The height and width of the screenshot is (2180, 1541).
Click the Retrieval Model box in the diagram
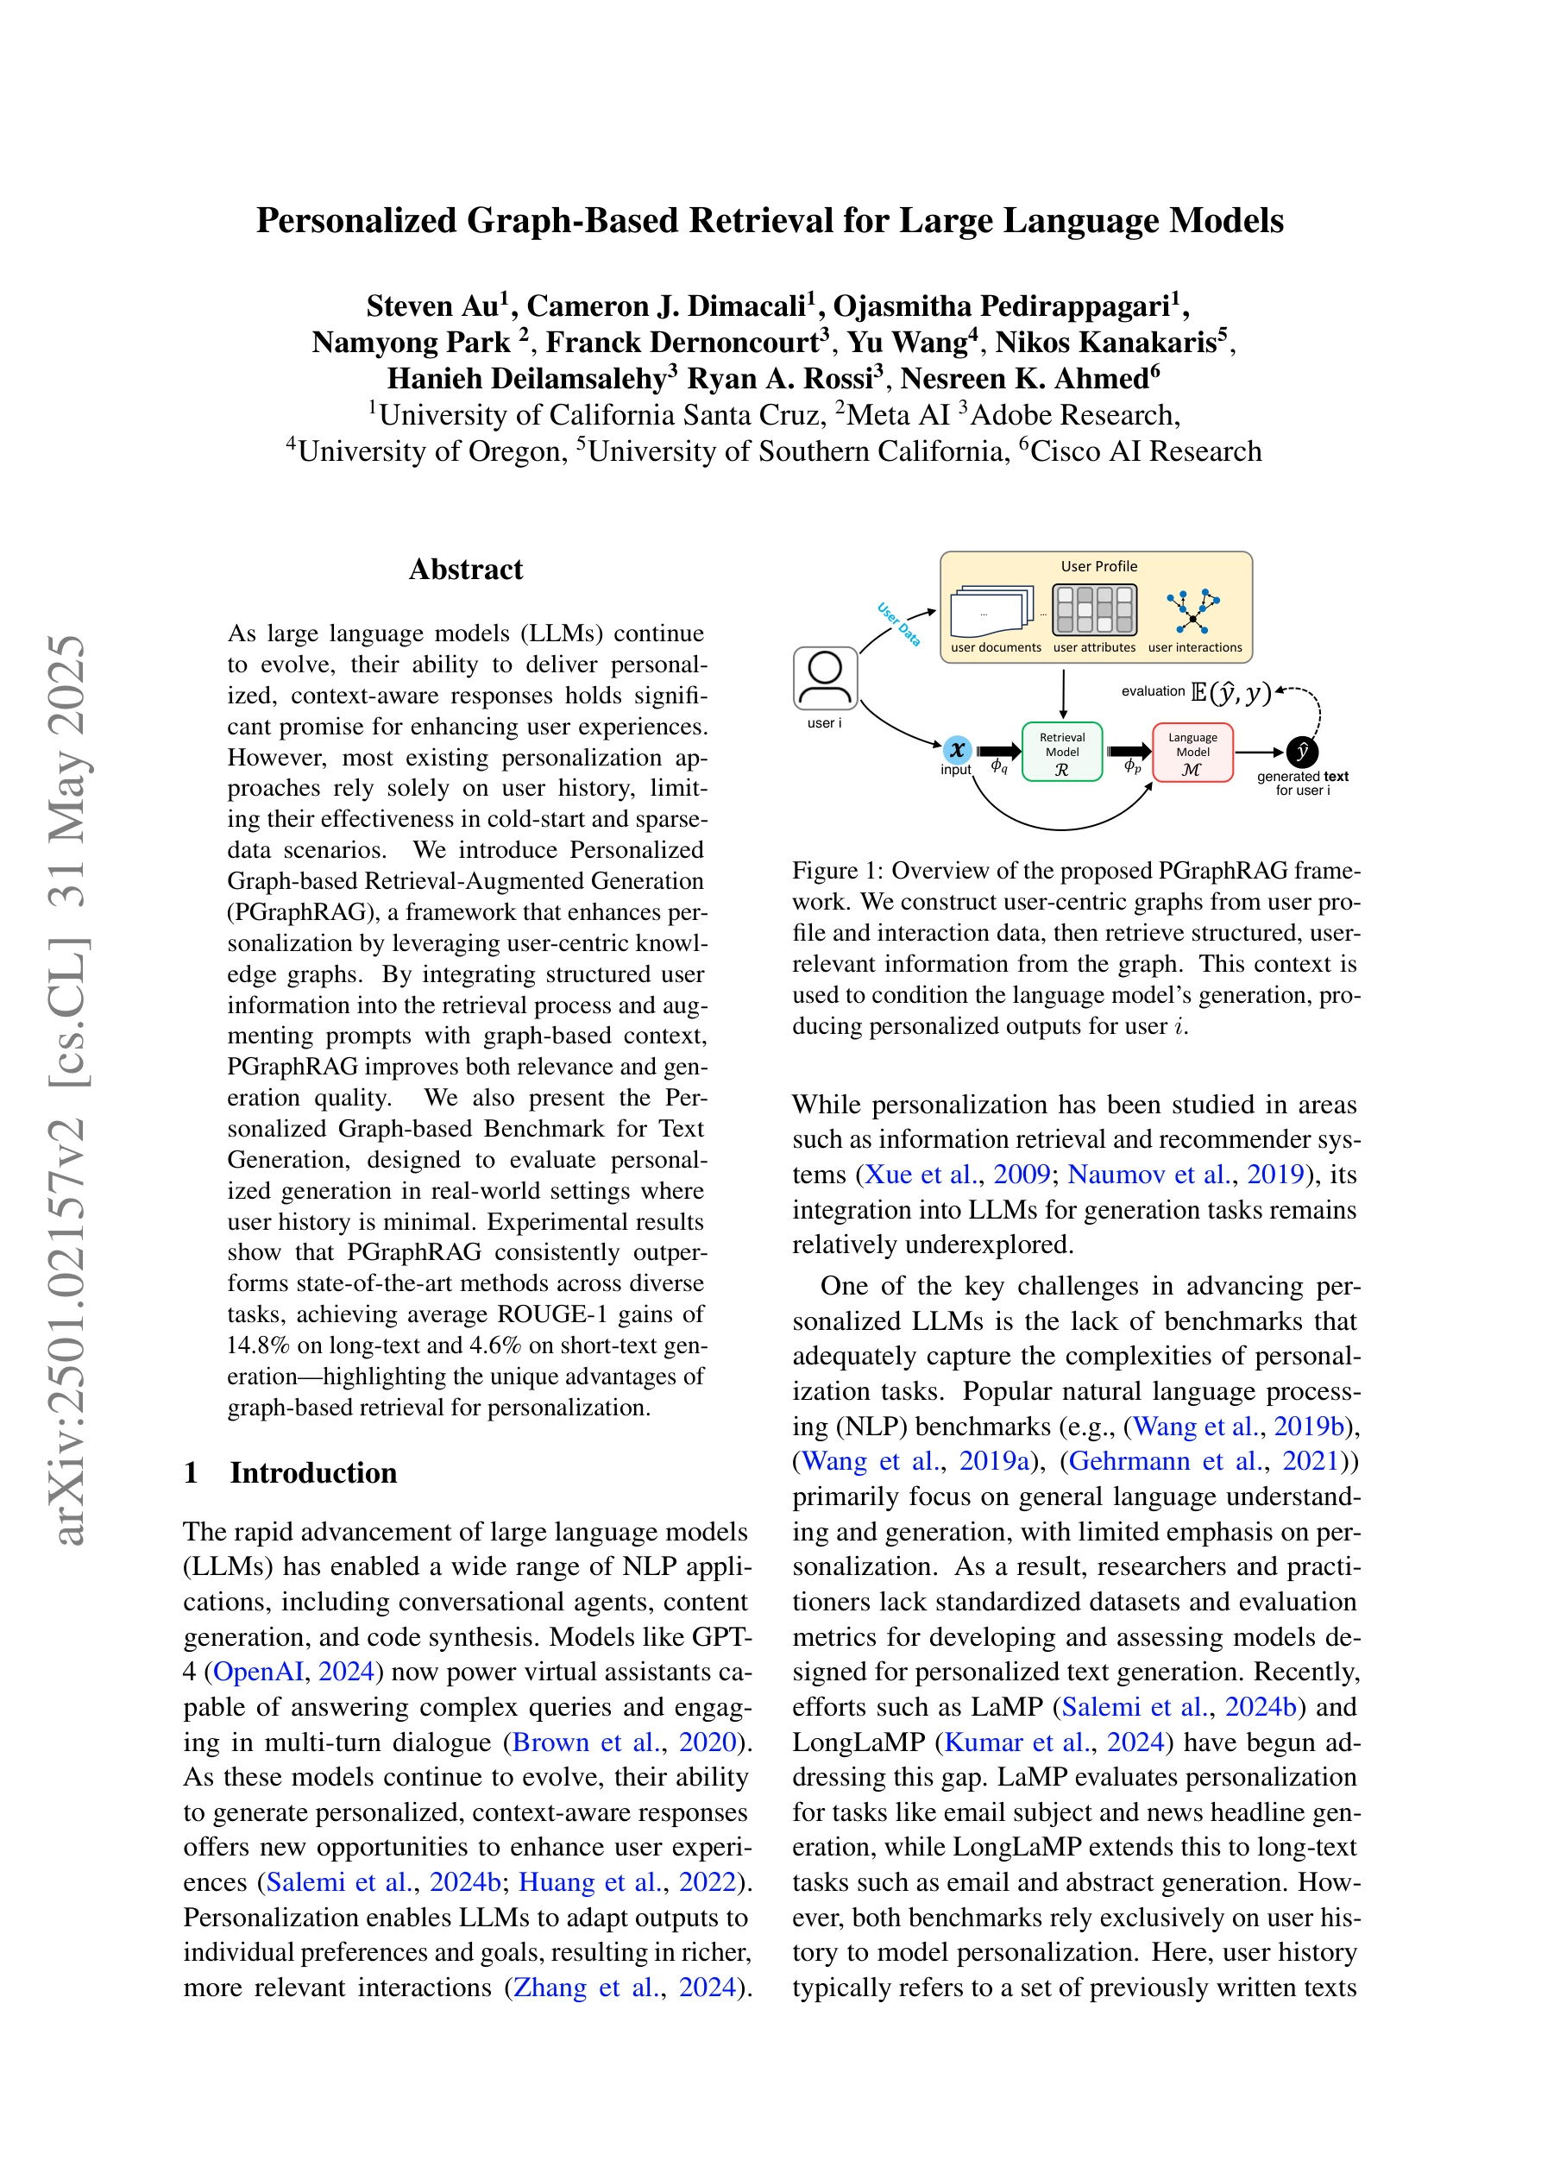pyautogui.click(x=1061, y=751)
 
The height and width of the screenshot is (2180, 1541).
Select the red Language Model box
pyautogui.click(x=1192, y=751)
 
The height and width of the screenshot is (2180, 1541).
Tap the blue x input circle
pyautogui.click(x=957, y=749)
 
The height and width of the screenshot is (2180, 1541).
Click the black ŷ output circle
pyautogui.click(x=1302, y=752)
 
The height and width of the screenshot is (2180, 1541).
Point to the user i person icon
pyautogui.click(x=825, y=678)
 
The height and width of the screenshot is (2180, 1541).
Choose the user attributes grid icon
pyautogui.click(x=1095, y=609)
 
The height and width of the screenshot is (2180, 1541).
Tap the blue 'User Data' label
pyautogui.click(x=898, y=624)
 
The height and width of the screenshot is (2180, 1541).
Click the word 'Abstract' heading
pyautogui.click(x=465, y=569)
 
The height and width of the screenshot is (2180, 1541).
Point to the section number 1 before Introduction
pyautogui.click(x=191, y=1471)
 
